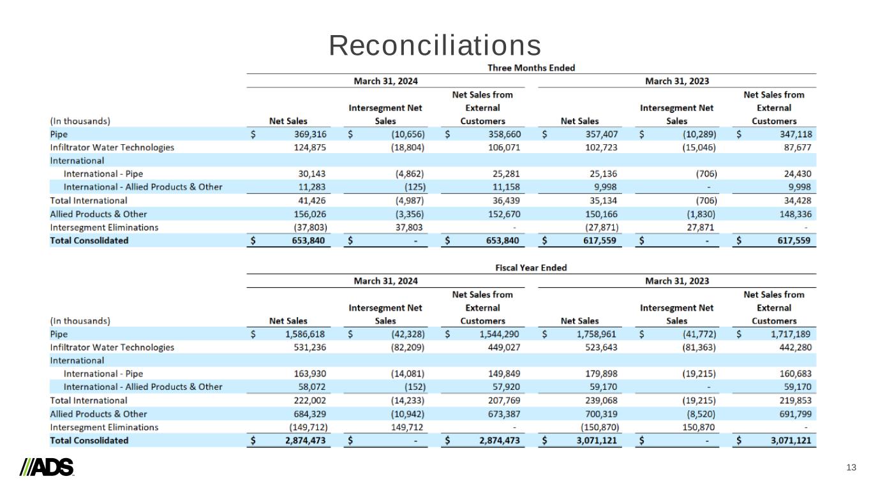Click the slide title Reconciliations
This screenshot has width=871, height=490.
click(x=435, y=45)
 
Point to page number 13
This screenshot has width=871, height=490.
click(x=851, y=468)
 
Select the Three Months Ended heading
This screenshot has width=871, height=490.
click(x=531, y=68)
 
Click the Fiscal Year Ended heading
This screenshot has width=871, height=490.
click(x=531, y=267)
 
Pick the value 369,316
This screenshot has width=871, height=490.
click(x=308, y=135)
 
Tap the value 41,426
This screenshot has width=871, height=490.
click(x=312, y=200)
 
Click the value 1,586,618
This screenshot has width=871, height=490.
click(x=303, y=334)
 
